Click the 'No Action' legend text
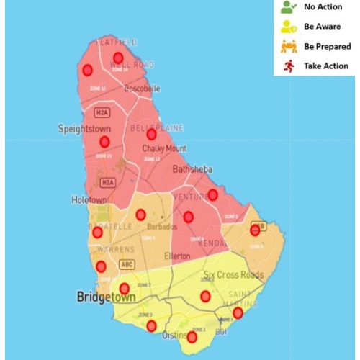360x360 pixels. tap(323, 7)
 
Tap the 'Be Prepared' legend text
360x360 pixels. tap(327, 46)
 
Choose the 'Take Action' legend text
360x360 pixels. tap(326, 66)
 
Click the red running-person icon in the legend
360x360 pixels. tap(287, 66)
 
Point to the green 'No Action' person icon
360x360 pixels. tap(287, 7)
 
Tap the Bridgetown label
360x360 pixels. tap(107, 296)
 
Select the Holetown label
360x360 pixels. tap(89, 199)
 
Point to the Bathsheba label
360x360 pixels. tap(192, 170)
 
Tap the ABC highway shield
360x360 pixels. tap(127, 264)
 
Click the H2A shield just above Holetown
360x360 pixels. tap(107, 183)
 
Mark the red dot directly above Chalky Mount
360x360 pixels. tap(151, 134)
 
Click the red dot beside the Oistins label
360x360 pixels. tap(192, 337)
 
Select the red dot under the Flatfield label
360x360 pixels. tap(118, 58)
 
